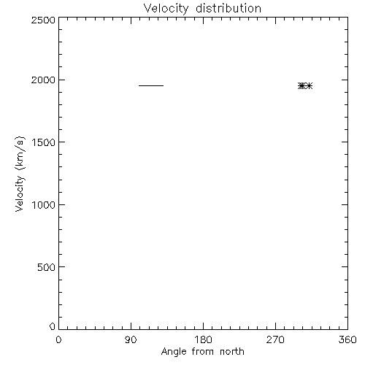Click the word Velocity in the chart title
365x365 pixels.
(166, 9)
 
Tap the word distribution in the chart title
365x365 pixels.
(228, 8)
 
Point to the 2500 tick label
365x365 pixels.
(43, 20)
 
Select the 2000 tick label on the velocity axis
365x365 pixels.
(43, 80)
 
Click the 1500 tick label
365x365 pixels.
(44, 142)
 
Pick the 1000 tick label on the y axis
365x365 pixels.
(44, 205)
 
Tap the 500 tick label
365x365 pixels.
(47, 267)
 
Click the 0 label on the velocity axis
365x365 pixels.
(53, 326)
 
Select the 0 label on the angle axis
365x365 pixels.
(58, 339)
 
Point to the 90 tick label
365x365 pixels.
(131, 339)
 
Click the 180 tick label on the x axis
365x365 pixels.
(203, 339)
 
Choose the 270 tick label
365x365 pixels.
(275, 339)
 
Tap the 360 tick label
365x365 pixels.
(347, 339)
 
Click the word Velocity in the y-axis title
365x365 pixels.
(20, 193)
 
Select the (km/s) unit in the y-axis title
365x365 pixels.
(20, 153)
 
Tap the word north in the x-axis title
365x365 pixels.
(232, 351)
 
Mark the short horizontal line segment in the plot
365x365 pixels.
(151, 85)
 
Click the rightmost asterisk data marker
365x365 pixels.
(309, 86)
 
